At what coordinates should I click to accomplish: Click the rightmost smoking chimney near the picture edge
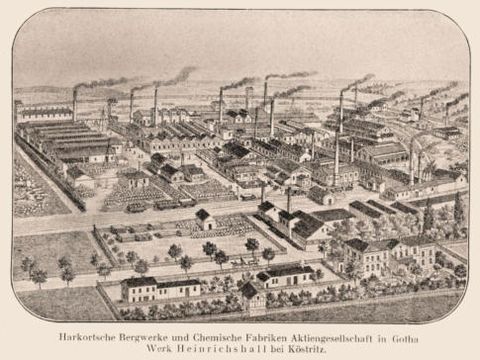(x=446, y=109)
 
